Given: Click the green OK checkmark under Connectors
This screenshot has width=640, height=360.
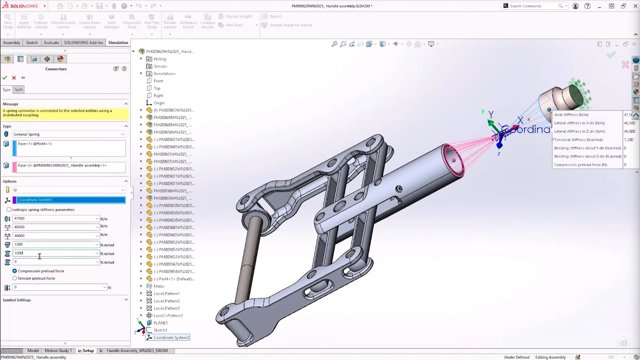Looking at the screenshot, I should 5,78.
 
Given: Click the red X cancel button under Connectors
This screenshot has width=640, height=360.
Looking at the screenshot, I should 14,78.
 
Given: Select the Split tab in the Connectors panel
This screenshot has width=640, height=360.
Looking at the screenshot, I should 18,90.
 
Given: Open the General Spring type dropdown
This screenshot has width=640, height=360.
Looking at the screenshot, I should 69,135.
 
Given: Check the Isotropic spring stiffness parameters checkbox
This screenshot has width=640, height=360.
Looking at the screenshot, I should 9,210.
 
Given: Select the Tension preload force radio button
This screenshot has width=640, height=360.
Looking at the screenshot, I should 15,278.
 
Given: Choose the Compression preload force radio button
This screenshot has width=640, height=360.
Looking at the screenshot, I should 15,271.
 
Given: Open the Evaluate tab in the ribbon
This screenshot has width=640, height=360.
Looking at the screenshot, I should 51,43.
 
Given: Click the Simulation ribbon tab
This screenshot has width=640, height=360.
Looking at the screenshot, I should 118,43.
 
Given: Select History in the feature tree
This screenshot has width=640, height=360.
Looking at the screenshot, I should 160,59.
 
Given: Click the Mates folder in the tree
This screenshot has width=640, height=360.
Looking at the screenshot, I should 159,286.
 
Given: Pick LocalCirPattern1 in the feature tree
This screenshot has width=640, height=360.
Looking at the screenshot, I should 168,315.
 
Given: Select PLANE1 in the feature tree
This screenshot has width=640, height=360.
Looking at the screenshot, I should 161,323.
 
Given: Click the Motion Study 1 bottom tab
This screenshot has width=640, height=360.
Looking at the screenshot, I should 58,351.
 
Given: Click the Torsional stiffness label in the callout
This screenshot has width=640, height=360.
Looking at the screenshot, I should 579,140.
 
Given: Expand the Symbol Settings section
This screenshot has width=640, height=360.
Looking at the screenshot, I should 126,300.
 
